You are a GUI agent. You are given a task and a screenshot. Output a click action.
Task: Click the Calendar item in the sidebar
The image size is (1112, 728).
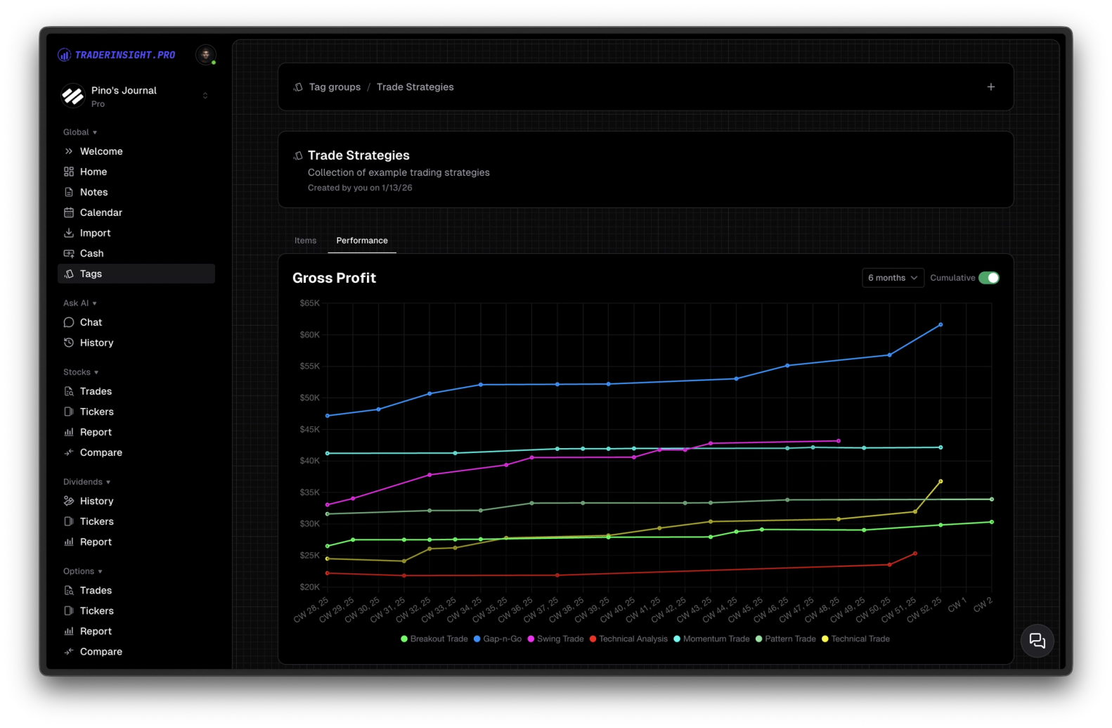[101, 212]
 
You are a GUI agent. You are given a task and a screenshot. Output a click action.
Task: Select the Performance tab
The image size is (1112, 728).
[361, 241]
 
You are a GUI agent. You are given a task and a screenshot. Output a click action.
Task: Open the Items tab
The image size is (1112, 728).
[305, 241]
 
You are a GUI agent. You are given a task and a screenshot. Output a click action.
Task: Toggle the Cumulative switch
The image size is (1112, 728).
[988, 278]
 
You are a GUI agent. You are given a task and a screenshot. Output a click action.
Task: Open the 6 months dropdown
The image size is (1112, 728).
[893, 278]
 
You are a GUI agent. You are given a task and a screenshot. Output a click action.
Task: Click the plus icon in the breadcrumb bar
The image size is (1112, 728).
[990, 87]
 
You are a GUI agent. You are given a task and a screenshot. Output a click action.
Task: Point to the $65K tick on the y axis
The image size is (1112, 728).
[309, 303]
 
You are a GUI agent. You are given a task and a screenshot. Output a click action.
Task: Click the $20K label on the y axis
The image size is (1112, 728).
[309, 587]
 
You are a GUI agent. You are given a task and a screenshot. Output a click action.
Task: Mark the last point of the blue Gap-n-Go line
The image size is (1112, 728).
[940, 325]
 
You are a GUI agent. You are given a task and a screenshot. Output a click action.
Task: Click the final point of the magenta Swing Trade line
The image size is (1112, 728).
[839, 441]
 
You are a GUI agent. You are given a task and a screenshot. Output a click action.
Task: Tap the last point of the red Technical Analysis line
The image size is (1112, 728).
[914, 554]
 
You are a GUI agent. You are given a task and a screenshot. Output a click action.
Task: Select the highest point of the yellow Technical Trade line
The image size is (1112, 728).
[940, 482]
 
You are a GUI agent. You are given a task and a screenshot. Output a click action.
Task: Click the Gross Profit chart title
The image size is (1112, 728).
[334, 278]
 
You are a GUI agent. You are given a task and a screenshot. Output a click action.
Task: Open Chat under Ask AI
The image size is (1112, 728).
[91, 322]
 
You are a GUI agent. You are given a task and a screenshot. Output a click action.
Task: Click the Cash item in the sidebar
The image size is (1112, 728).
[91, 253]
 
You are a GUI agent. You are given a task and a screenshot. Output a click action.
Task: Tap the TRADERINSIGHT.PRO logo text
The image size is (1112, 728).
[124, 55]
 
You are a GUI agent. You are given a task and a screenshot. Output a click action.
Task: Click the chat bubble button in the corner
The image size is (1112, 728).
[1037, 641]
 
